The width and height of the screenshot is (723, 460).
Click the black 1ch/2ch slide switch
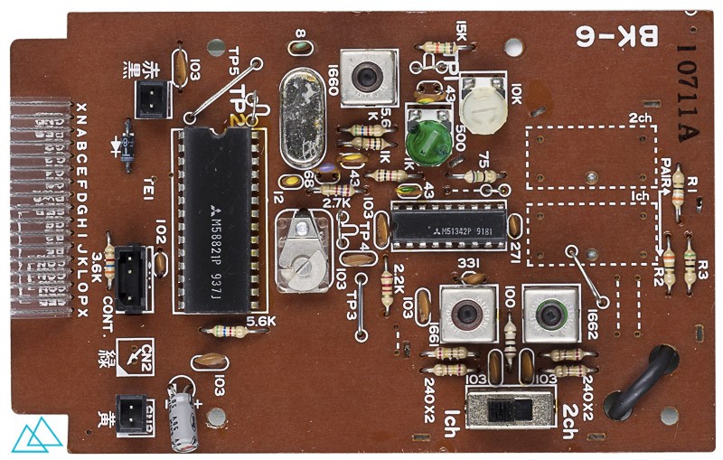pyautogui.click(x=510, y=411)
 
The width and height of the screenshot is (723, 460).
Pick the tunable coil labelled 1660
pyautogui.click(x=368, y=75)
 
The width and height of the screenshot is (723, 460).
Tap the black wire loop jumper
pyautogui.click(x=647, y=383)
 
